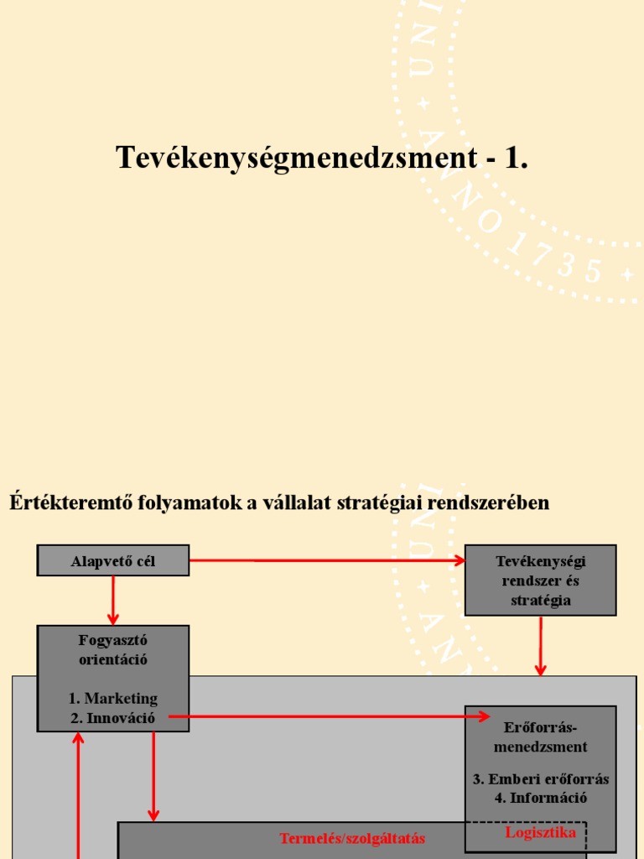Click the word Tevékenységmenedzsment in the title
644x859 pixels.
298,158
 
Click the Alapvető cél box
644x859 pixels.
113,560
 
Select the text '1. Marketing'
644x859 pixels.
113,698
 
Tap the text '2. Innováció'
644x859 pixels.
113,716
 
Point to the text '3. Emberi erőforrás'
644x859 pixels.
541,778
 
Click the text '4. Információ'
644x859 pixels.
541,797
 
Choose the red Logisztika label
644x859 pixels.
541,832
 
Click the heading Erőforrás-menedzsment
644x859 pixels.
541,736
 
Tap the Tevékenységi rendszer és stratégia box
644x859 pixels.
541,580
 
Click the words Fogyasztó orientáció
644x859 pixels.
113,650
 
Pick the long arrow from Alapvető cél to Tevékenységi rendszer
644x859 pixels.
327,560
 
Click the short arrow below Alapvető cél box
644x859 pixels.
113,600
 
